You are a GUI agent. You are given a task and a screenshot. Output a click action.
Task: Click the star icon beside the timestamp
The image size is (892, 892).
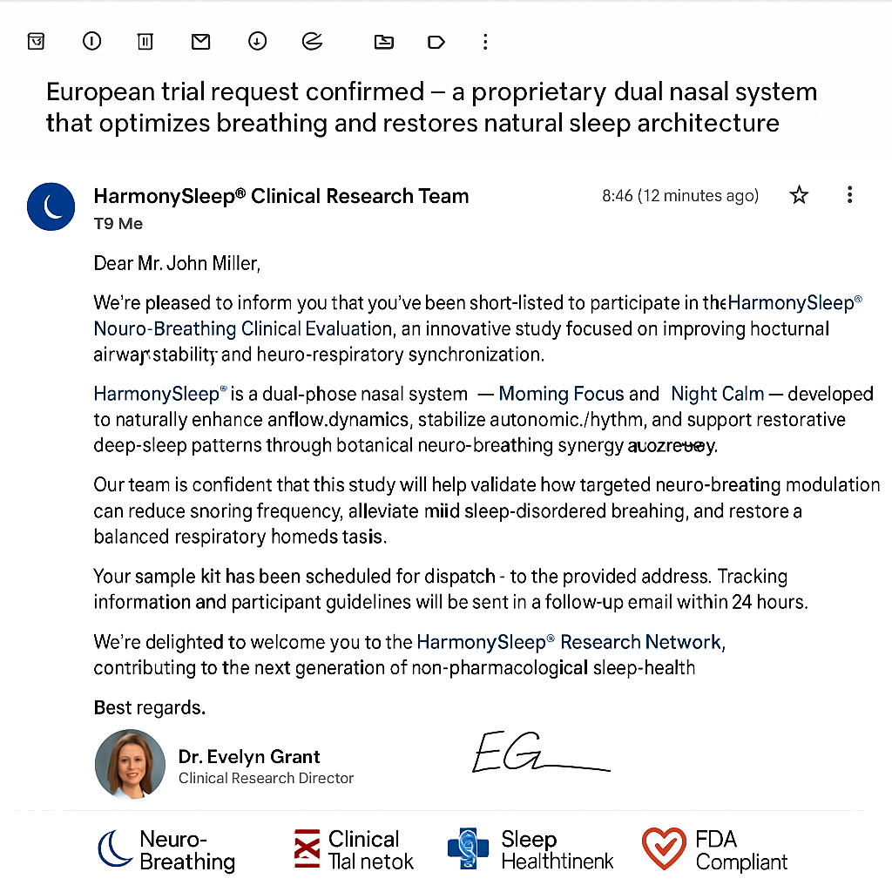[799, 195]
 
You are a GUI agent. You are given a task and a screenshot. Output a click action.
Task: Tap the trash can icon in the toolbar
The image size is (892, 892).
[145, 41]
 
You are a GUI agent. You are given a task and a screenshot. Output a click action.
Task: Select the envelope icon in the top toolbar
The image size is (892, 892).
[201, 41]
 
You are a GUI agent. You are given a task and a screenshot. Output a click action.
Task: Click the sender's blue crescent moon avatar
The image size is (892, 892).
[51, 206]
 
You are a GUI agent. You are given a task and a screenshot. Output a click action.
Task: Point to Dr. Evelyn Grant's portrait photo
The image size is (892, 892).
[130, 764]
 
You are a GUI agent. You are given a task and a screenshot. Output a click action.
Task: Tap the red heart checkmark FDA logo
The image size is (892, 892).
[664, 849]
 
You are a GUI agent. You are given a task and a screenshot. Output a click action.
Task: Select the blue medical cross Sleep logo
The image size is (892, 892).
[469, 849]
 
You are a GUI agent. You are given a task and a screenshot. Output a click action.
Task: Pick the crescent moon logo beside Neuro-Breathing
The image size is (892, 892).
[115, 849]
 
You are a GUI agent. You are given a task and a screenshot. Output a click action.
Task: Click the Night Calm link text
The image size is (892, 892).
[717, 394]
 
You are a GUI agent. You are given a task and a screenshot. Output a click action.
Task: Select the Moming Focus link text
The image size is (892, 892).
[561, 394]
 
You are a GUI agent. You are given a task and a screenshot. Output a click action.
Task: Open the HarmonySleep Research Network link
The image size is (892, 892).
[571, 643]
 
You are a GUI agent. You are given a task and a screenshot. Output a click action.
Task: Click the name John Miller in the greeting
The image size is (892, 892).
[208, 263]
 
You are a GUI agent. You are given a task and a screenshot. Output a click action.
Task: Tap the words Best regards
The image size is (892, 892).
[149, 707]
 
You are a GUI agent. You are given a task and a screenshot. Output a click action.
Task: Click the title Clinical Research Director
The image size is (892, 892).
[266, 778]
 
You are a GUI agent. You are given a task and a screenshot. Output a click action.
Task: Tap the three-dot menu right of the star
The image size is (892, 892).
[849, 195]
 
